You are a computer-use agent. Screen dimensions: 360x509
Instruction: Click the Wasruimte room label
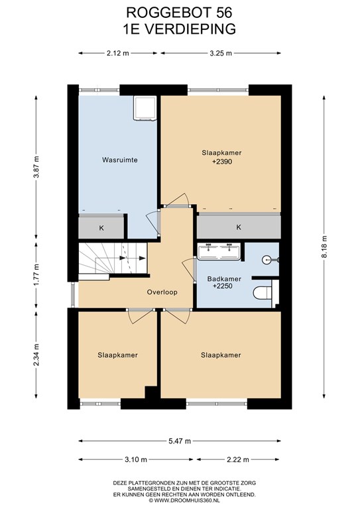tap(120, 160)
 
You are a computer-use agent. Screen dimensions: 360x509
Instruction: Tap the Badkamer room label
tap(224, 279)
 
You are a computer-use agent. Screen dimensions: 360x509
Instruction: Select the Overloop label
tap(162, 292)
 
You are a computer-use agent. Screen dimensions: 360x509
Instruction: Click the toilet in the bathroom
tap(263, 293)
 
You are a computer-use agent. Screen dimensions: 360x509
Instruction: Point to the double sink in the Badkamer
tap(219, 251)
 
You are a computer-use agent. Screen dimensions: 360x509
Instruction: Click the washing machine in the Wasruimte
tap(145, 108)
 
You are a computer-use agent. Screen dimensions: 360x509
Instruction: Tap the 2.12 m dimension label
tap(118, 53)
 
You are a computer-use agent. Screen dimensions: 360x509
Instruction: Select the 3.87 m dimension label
tap(37, 167)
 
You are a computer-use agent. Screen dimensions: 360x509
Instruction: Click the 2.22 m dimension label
tap(238, 459)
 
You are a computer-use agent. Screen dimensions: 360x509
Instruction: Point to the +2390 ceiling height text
tap(222, 161)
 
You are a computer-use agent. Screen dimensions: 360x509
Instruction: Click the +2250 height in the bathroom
tap(223, 286)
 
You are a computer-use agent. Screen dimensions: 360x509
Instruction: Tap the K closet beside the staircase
tap(101, 228)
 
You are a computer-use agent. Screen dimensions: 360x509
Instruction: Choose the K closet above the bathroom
tap(239, 227)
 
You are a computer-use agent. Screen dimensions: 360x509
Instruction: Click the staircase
tap(113, 258)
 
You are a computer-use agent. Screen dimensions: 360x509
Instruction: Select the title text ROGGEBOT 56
tap(179, 13)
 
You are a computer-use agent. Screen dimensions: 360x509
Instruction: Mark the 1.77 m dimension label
tap(37, 275)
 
